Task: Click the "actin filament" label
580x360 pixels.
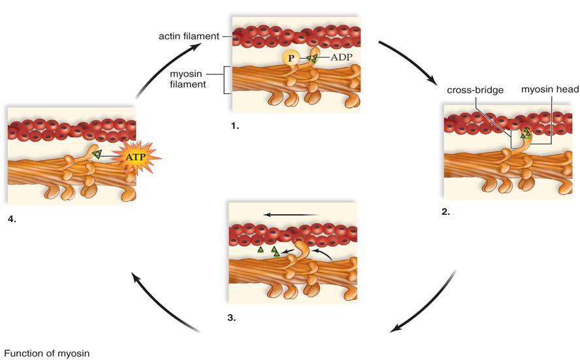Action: [x=189, y=36]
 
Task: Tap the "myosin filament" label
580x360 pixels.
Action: [x=187, y=79]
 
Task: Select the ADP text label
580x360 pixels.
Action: [x=341, y=57]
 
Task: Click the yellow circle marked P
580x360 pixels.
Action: [x=291, y=57]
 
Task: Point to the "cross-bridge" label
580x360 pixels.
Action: [x=475, y=90]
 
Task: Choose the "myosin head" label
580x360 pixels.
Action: [x=550, y=89]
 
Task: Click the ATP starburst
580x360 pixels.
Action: [x=136, y=157]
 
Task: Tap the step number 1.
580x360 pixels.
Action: [x=235, y=126]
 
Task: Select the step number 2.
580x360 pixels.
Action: [x=445, y=212]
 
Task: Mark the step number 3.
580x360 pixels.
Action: [x=232, y=318]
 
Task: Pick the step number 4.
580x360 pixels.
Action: [x=12, y=219]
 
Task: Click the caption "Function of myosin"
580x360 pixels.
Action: [x=46, y=353]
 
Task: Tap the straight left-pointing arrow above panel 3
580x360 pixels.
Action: [x=291, y=214]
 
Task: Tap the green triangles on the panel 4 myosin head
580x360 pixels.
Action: [x=97, y=154]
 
